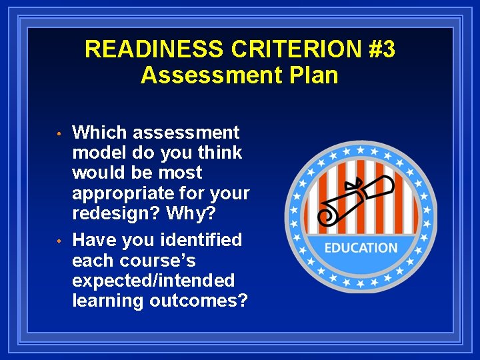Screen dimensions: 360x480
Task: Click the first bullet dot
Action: coord(59,134)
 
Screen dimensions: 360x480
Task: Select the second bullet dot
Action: coord(59,241)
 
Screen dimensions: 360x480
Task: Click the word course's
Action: coord(159,260)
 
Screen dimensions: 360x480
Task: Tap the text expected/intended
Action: coord(153,281)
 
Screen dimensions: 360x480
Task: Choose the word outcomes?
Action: coord(198,301)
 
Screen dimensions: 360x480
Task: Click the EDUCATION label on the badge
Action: coord(360,248)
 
